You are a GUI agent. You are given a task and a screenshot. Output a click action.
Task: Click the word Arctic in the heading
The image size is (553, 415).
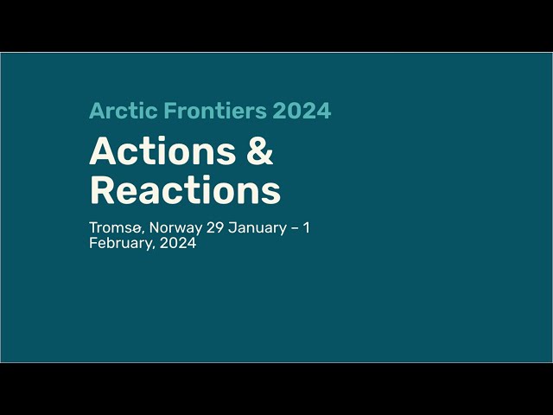tap(123, 111)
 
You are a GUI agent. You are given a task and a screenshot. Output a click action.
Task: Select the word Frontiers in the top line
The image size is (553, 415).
tap(215, 111)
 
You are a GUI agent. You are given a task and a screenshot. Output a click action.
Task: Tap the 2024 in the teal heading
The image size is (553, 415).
tap(302, 111)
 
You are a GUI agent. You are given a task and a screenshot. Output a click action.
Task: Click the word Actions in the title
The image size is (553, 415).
tap(162, 151)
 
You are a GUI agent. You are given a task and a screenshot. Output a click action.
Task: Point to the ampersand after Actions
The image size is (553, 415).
tap(260, 151)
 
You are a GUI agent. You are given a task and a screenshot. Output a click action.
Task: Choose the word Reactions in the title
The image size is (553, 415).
tap(185, 190)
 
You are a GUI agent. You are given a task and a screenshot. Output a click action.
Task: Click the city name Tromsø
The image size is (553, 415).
tap(116, 228)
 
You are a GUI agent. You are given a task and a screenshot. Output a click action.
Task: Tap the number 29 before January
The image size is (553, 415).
tap(215, 227)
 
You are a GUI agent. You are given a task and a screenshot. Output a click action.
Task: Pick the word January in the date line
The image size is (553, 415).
tap(257, 228)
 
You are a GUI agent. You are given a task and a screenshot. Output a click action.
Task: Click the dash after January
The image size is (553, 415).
tap(295, 228)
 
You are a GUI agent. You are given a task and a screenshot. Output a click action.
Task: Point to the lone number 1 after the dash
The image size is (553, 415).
tap(306, 227)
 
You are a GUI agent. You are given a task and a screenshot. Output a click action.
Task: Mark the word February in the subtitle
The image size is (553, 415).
tap(122, 244)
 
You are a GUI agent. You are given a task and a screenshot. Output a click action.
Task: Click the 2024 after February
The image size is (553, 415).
tap(178, 243)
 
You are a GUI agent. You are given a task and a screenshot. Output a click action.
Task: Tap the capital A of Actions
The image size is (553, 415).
tap(102, 151)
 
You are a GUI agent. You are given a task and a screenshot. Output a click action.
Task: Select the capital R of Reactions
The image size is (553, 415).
tap(102, 190)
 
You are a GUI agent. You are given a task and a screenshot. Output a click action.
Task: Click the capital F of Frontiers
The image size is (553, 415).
tap(170, 111)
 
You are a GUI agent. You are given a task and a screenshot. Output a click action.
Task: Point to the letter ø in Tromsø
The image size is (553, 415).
tap(137, 229)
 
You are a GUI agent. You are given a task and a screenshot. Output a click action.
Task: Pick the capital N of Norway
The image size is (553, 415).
tap(155, 227)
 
